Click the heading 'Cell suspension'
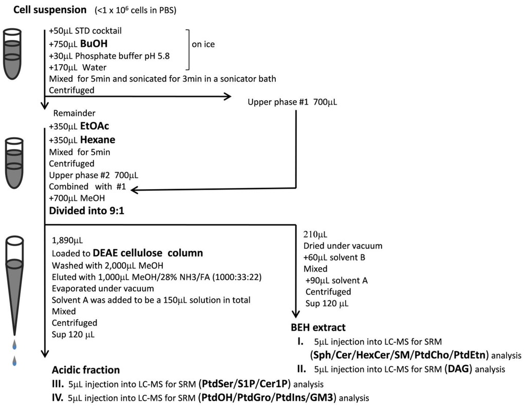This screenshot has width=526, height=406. tap(50, 10)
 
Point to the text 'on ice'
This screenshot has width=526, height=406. tap(203, 44)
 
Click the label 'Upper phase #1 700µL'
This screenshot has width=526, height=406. tap(292, 102)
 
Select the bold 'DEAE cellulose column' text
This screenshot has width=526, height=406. tap(148, 253)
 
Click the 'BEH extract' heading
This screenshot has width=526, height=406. tap(318, 327)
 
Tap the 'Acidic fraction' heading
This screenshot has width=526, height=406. tap(86, 370)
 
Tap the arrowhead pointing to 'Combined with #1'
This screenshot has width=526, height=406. tap(136, 190)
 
